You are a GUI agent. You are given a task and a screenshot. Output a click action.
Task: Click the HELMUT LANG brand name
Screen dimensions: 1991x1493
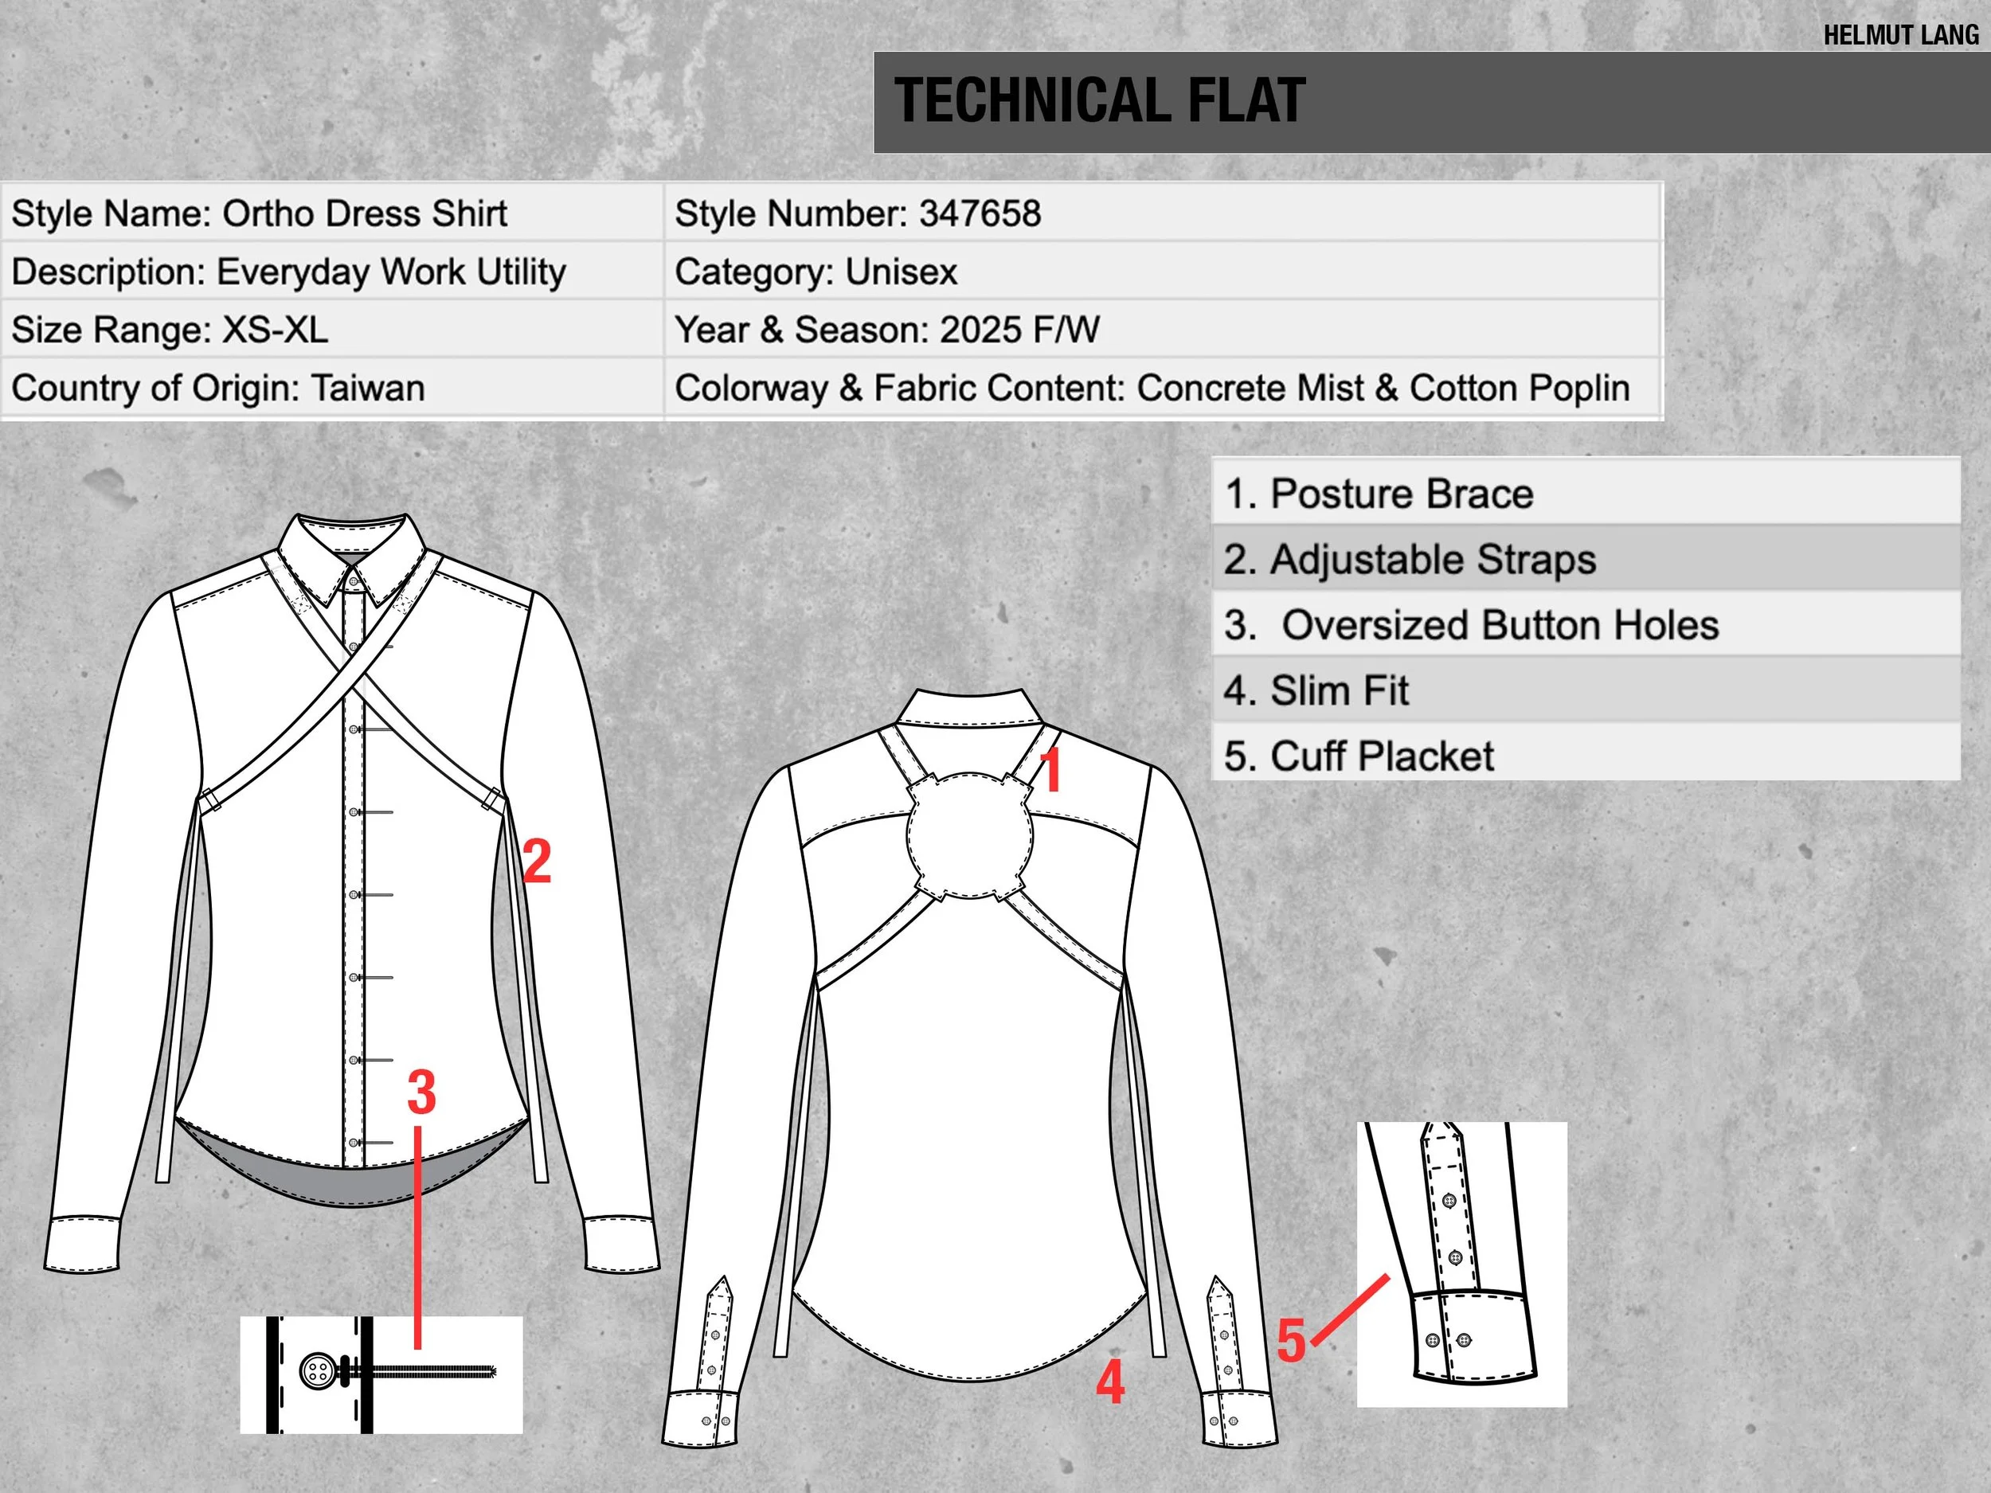(x=1900, y=35)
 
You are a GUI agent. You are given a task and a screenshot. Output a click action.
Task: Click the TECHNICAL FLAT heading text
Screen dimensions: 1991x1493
(x=1099, y=101)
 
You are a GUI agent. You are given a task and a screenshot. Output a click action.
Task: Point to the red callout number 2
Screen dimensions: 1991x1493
(x=537, y=862)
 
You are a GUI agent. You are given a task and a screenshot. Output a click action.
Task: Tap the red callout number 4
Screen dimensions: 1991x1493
(x=1110, y=1382)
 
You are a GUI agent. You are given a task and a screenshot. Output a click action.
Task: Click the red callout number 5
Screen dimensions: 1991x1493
(x=1291, y=1341)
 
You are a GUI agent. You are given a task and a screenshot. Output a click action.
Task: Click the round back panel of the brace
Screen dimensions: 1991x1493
(x=969, y=835)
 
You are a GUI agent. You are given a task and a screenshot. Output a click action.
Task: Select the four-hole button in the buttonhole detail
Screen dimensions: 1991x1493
(x=316, y=1371)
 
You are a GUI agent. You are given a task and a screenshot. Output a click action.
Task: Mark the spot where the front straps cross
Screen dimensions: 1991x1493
(x=353, y=677)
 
